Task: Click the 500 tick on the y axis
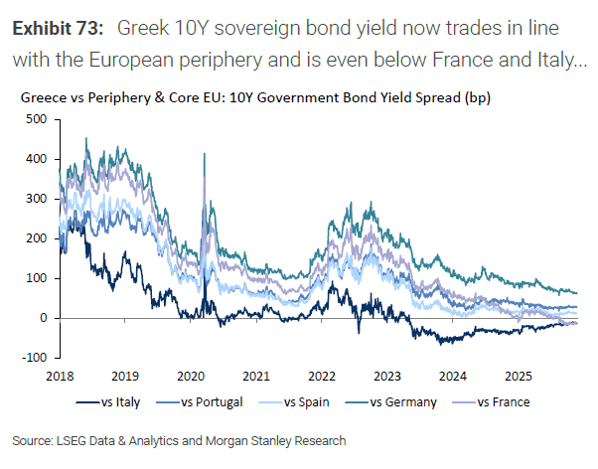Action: pos(37,119)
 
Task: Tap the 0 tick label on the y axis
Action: pos(44,318)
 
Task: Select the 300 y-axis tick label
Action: pos(37,199)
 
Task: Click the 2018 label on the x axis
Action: pos(60,377)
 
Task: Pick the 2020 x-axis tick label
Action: pos(191,377)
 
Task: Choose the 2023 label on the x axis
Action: pos(387,377)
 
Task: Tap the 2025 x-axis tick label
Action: pos(518,377)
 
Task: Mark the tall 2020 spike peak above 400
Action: pos(205,154)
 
